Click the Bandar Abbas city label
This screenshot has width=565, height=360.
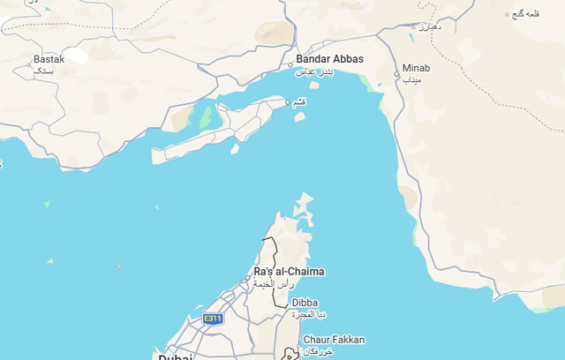click(x=329, y=59)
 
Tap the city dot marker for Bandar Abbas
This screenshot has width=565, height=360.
click(x=290, y=64)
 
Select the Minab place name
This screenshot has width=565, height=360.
click(x=416, y=68)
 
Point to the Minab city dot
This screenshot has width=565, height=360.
click(x=396, y=74)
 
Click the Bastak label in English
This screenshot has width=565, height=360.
click(x=49, y=59)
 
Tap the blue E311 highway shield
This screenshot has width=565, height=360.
click(x=213, y=319)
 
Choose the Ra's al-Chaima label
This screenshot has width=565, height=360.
click(x=289, y=271)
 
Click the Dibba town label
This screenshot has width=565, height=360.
click(x=305, y=303)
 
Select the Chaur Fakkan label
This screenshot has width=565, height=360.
click(x=334, y=340)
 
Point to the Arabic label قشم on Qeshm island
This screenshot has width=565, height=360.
click(x=300, y=101)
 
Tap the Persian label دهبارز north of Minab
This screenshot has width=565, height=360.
click(x=428, y=26)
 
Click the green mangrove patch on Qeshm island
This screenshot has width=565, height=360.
click(x=206, y=116)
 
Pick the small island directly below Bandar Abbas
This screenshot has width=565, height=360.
click(x=313, y=85)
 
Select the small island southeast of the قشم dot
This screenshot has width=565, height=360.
click(x=300, y=116)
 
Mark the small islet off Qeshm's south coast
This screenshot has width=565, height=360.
click(x=234, y=149)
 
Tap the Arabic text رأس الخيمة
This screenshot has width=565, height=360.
click(x=275, y=284)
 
